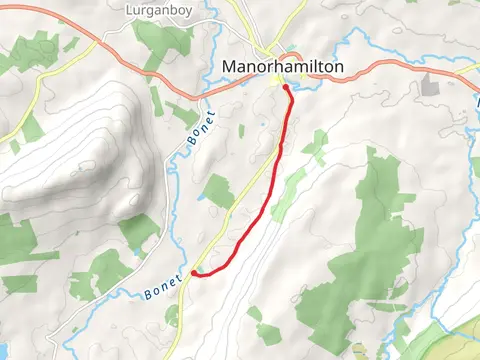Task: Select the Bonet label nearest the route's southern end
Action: pos(163,285)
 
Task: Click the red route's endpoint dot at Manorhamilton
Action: pos(286,88)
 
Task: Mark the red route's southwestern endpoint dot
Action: pos(193,271)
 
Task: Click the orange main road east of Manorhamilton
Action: pos(400,66)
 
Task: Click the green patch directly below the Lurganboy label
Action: pos(160,40)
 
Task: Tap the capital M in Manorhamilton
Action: pos(225,68)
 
